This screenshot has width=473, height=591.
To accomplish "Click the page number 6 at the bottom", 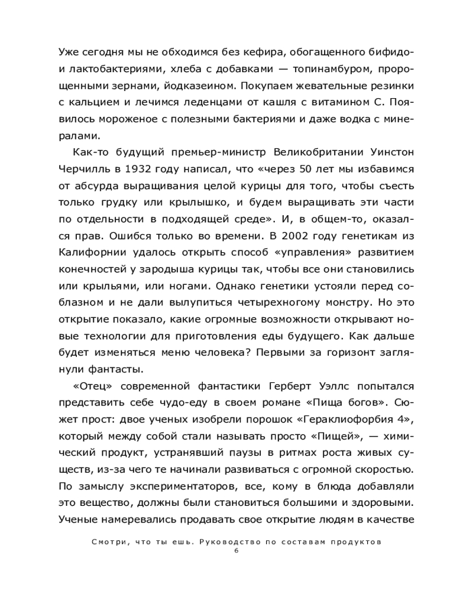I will pyautogui.click(x=236, y=551).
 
